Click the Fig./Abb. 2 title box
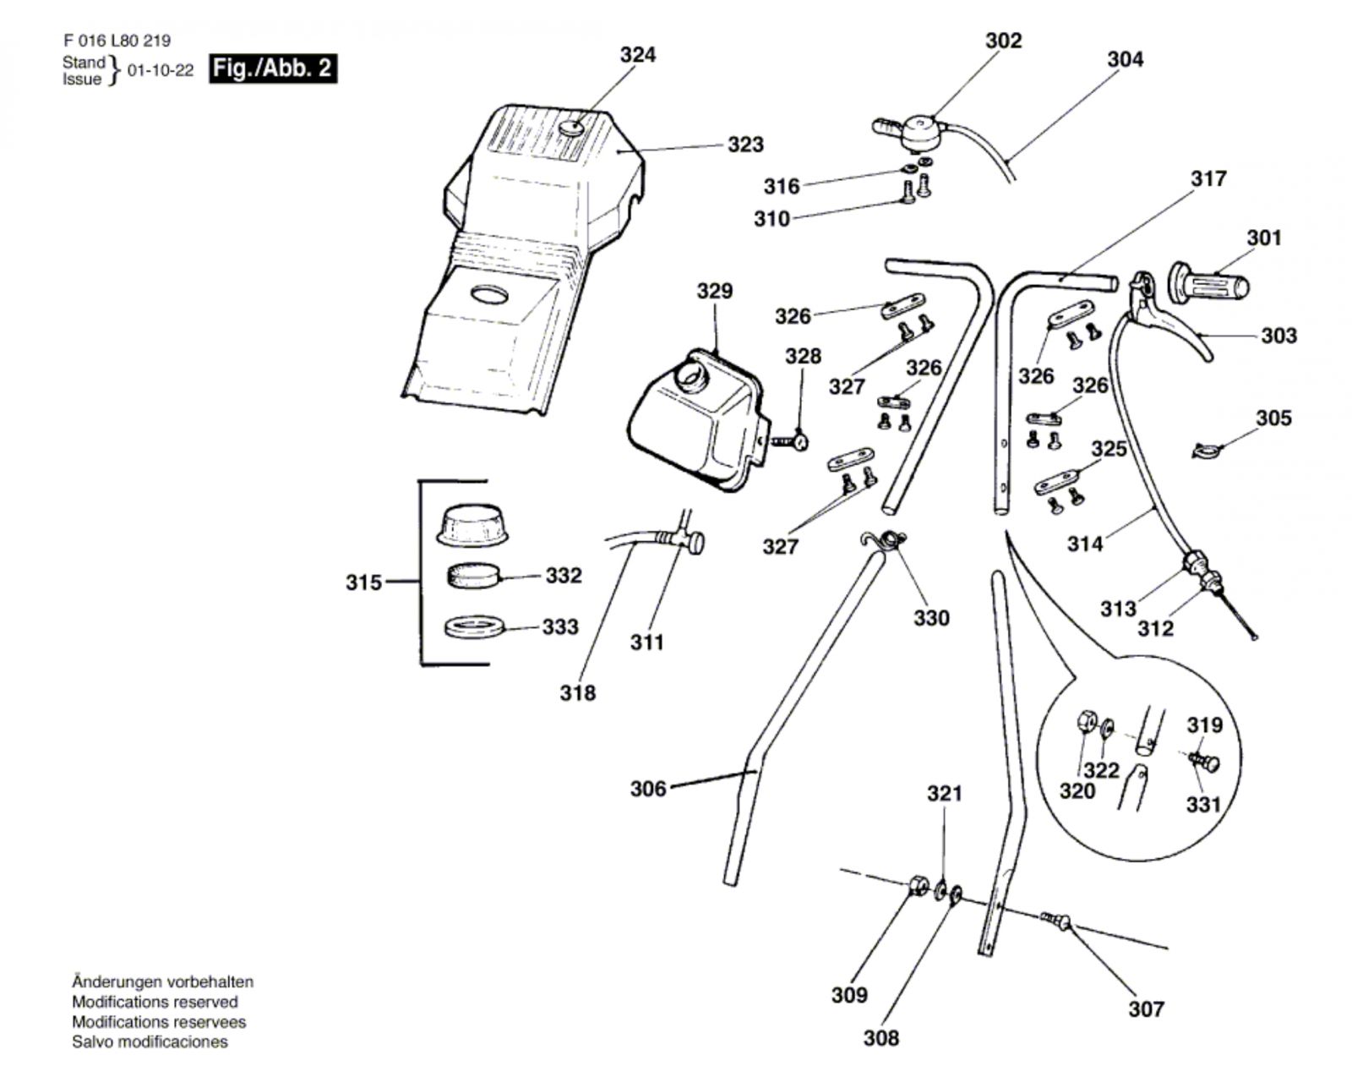pyautogui.click(x=273, y=68)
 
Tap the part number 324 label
pyautogui.click(x=638, y=55)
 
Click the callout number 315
pyautogui.click(x=363, y=582)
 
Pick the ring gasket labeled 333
pyautogui.click(x=474, y=626)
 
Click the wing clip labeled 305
pyautogui.click(x=1207, y=450)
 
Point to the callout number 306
pyautogui.click(x=648, y=789)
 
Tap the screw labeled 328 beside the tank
pyautogui.click(x=790, y=442)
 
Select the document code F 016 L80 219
pyautogui.click(x=117, y=41)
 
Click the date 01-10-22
pyautogui.click(x=161, y=70)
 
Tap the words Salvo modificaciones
pyautogui.click(x=150, y=1042)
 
